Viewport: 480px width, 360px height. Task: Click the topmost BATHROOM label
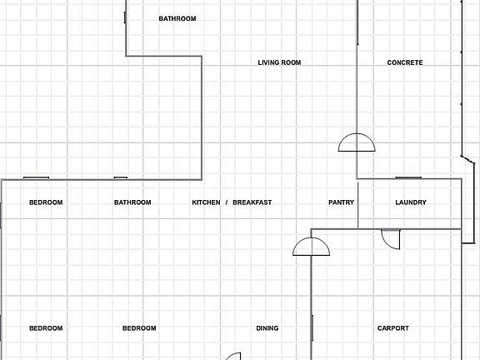pyautogui.click(x=177, y=18)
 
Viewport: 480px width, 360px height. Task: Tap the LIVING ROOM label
pyautogui.click(x=279, y=62)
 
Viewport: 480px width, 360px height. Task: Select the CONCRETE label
pyautogui.click(x=405, y=62)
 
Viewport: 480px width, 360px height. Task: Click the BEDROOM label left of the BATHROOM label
pyautogui.click(x=46, y=202)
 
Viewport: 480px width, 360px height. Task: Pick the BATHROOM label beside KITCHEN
pyautogui.click(x=132, y=202)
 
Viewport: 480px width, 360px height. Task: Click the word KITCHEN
pyautogui.click(x=206, y=202)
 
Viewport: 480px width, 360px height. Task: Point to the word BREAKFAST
pyautogui.click(x=252, y=202)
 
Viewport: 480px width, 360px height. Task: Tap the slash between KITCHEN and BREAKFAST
pyautogui.click(x=227, y=202)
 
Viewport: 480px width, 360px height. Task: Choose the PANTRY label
pyautogui.click(x=341, y=202)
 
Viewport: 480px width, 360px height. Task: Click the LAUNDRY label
pyautogui.click(x=411, y=202)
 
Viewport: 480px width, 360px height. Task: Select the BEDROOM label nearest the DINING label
pyautogui.click(x=139, y=328)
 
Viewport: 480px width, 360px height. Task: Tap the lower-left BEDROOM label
pyautogui.click(x=46, y=328)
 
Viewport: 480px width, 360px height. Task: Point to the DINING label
pyautogui.click(x=267, y=328)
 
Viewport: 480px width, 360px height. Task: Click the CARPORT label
pyautogui.click(x=393, y=328)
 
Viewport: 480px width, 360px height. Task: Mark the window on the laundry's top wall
pyautogui.click(x=408, y=177)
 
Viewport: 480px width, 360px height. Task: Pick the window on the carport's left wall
pyautogui.click(x=312, y=327)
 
